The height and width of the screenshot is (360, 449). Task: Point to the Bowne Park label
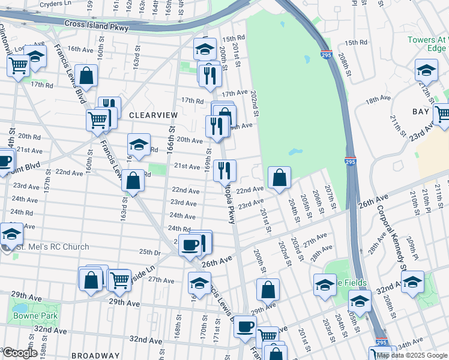[x=27, y=315]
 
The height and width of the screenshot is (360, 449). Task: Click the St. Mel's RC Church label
[x=52, y=247]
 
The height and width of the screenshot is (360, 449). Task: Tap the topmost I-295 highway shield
[x=325, y=54]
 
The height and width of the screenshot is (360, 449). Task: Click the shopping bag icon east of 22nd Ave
[x=279, y=178]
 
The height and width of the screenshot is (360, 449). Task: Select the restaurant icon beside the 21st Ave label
[x=224, y=170]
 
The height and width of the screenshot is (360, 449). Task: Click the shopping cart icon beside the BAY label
[x=442, y=114]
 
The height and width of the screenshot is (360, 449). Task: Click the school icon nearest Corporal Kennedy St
[x=413, y=282]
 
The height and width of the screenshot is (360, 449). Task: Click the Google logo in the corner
[x=19, y=353]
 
